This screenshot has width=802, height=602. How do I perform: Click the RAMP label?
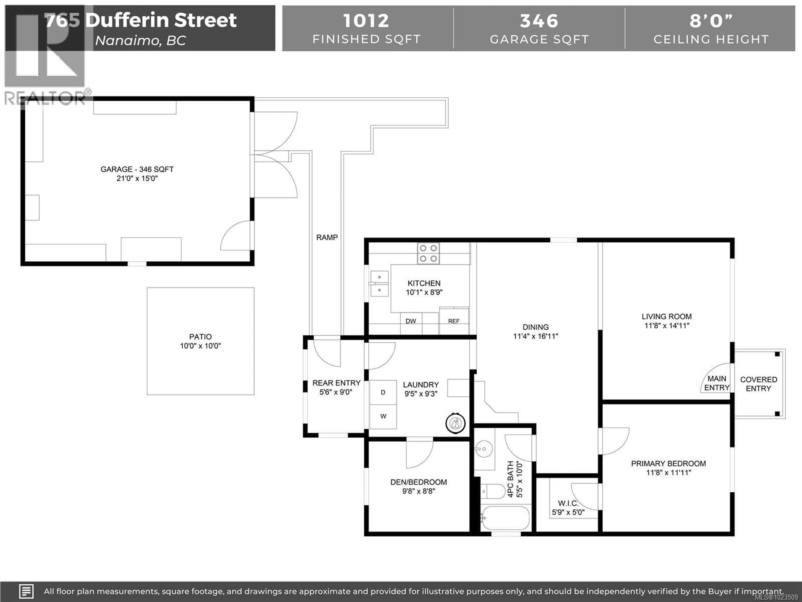click(327, 237)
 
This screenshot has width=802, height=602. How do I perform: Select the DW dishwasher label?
click(411, 321)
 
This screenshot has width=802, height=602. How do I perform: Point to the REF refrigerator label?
click(454, 321)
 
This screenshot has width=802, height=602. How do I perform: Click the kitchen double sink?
click(379, 283)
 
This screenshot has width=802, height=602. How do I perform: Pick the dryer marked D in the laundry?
click(383, 392)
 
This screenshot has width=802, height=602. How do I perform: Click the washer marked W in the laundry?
click(383, 416)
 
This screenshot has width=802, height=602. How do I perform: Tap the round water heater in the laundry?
click(455, 423)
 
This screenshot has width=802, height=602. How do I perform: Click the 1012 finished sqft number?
click(366, 21)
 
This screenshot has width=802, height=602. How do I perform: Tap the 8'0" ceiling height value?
click(711, 21)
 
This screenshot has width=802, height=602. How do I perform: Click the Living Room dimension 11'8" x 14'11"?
click(666, 325)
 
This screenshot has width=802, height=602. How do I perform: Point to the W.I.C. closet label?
click(568, 503)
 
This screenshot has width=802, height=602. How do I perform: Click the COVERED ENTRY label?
click(759, 384)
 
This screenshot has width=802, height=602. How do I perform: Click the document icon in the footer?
click(26, 591)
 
